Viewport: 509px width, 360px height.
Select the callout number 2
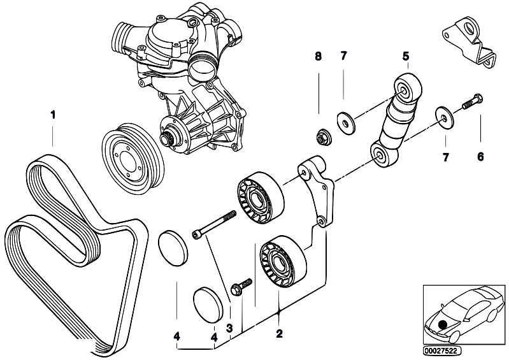click(278, 333)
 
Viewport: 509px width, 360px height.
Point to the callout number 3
click(229, 329)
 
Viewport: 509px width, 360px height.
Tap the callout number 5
click(405, 56)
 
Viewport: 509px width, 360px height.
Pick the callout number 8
click(318, 56)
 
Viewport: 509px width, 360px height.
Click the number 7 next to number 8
click(343, 56)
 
